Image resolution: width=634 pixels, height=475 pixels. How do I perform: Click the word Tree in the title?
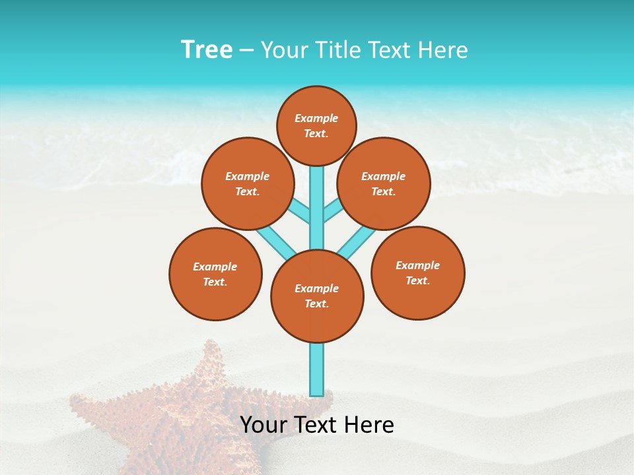click(x=207, y=49)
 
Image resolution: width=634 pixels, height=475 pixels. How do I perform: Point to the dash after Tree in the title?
click(x=246, y=51)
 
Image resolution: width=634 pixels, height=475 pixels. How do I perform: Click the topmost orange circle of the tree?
click(x=316, y=125)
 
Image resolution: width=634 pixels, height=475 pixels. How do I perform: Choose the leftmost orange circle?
click(x=215, y=274)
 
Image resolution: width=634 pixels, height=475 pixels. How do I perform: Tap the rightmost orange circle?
click(x=418, y=272)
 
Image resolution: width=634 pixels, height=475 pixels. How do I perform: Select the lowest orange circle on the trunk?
click(x=317, y=296)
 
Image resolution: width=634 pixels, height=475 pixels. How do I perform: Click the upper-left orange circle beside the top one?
click(x=248, y=183)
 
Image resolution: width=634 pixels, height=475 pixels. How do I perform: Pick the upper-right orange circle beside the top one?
click(x=384, y=183)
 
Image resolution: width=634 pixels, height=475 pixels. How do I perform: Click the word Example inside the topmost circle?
click(x=316, y=118)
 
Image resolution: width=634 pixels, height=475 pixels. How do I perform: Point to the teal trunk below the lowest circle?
click(x=317, y=369)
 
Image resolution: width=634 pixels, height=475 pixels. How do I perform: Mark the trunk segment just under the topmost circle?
click(x=317, y=185)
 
